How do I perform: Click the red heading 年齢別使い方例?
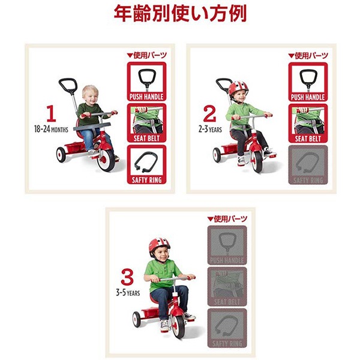click(180, 13)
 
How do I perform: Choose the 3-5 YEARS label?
click(127, 293)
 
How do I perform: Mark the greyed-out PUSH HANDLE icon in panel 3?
click(227, 245)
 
